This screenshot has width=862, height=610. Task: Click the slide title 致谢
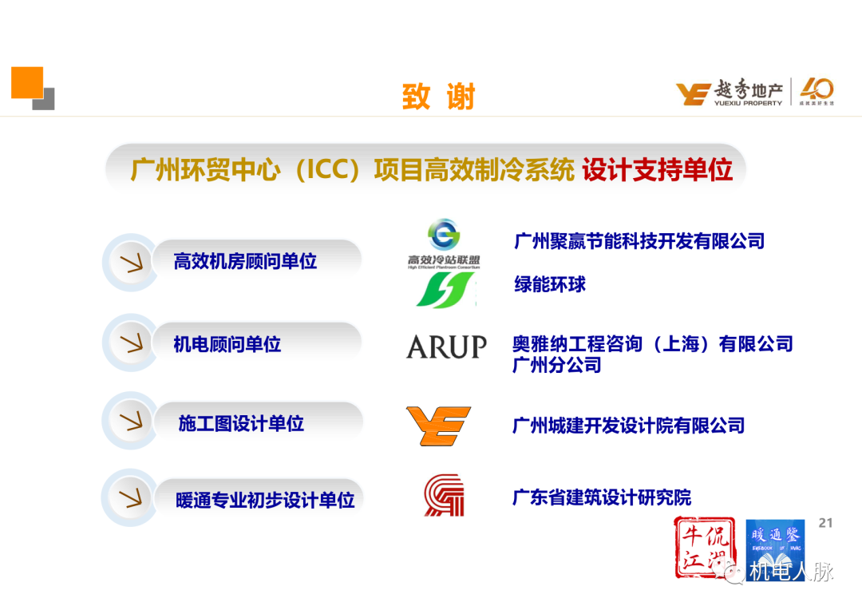click(438, 97)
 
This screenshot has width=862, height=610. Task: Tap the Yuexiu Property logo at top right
click(753, 93)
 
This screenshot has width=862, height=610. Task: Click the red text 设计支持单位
click(657, 170)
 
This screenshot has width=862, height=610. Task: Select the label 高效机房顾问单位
click(245, 261)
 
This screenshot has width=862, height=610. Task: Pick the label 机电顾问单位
click(227, 345)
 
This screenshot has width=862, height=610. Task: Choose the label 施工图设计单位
click(241, 423)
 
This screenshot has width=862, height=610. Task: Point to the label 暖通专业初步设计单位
click(265, 501)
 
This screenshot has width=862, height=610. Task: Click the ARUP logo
click(446, 347)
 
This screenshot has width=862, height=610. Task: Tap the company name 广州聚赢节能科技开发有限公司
click(639, 240)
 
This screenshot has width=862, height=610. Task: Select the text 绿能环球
click(550, 284)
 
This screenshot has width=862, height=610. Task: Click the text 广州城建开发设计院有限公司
click(628, 426)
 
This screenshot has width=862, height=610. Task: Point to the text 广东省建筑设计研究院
click(602, 497)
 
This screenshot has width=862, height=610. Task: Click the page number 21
click(825, 523)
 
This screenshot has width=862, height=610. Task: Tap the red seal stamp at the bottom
click(705, 547)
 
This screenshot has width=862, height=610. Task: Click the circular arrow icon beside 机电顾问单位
click(129, 344)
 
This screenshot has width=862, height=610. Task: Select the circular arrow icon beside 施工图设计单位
click(129, 422)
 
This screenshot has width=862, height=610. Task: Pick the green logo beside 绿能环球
click(445, 290)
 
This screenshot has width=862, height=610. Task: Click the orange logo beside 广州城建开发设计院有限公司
click(438, 426)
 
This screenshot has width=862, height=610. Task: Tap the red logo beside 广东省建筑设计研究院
click(444, 495)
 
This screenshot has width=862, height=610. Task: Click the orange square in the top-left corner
click(26, 83)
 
